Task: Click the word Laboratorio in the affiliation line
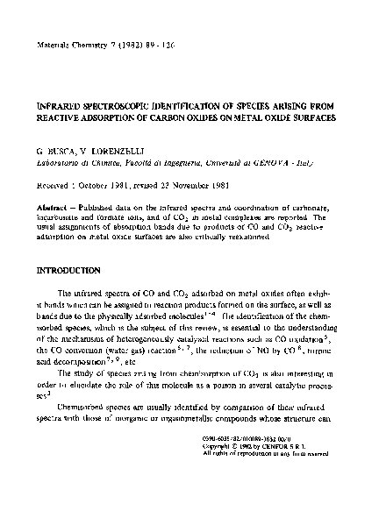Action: click(x=60, y=163)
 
